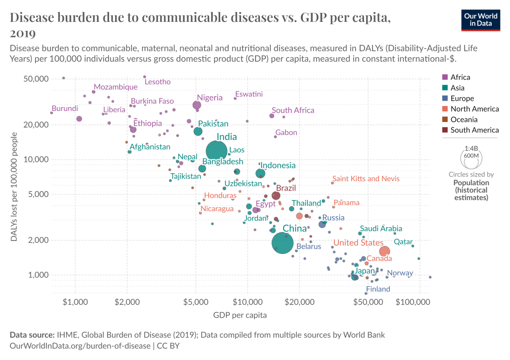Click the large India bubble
[x=216, y=151]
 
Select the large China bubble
[x=283, y=243]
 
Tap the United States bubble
[x=384, y=251]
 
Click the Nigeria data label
[x=210, y=98]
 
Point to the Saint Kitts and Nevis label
[x=366, y=179]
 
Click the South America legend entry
[x=470, y=130]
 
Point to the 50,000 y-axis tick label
[x=36, y=79]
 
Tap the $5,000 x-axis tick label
[x=196, y=302]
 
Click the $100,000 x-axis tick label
[x=413, y=302]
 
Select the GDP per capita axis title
[x=240, y=315]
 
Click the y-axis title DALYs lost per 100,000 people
[x=14, y=187]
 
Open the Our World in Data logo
[x=481, y=20]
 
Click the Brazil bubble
[x=276, y=196]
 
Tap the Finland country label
[x=378, y=289]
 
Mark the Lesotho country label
[x=157, y=82]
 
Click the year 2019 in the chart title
[x=23, y=34]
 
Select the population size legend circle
[x=471, y=158]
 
